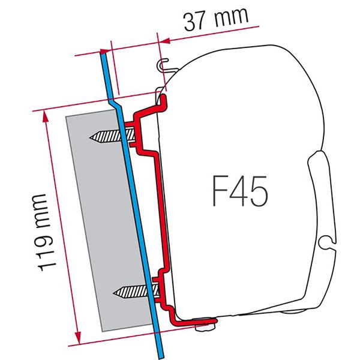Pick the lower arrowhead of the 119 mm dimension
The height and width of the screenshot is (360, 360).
pyautogui.click(x=77, y=340)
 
